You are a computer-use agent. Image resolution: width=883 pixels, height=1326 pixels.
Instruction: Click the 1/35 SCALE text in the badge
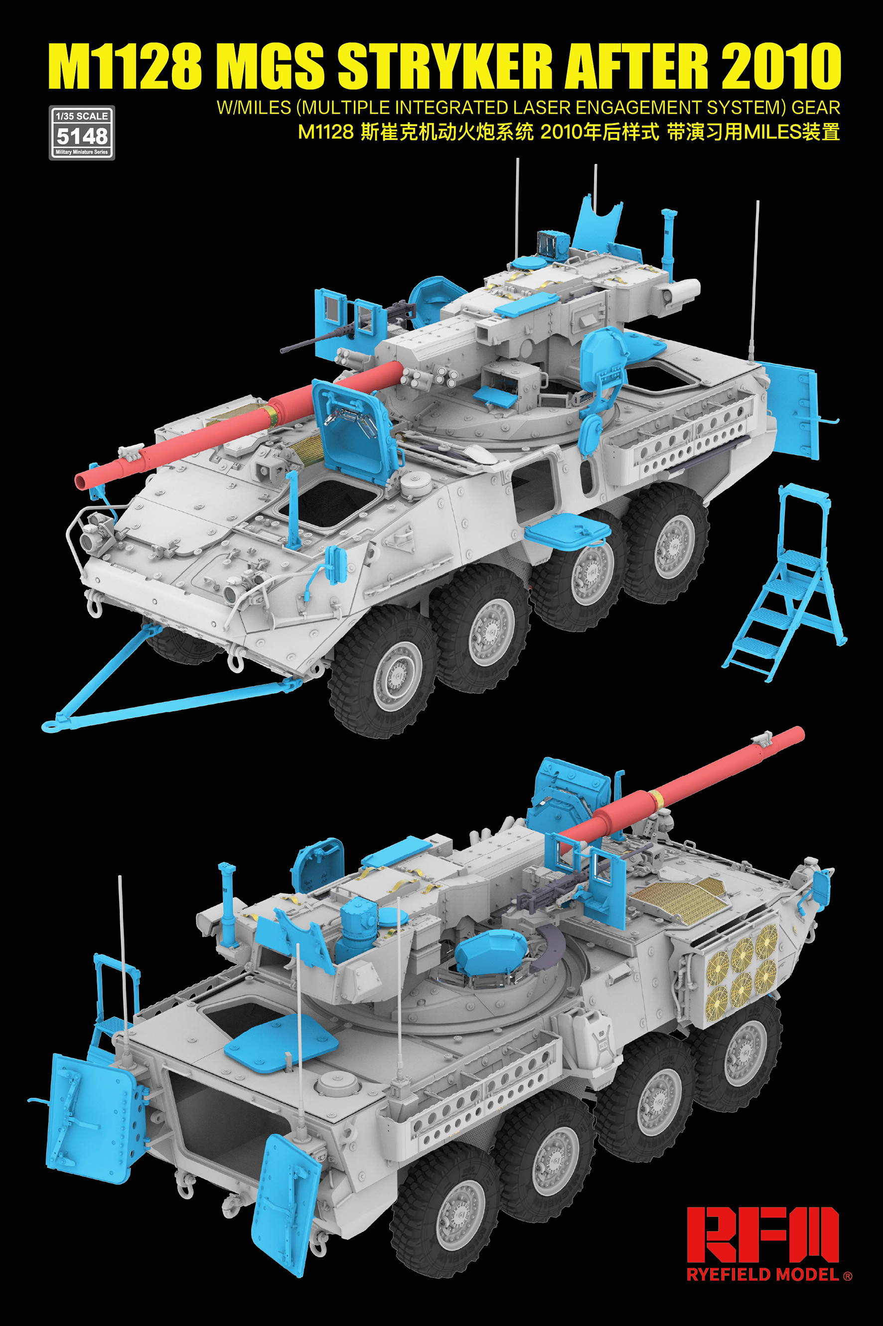point(82,116)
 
